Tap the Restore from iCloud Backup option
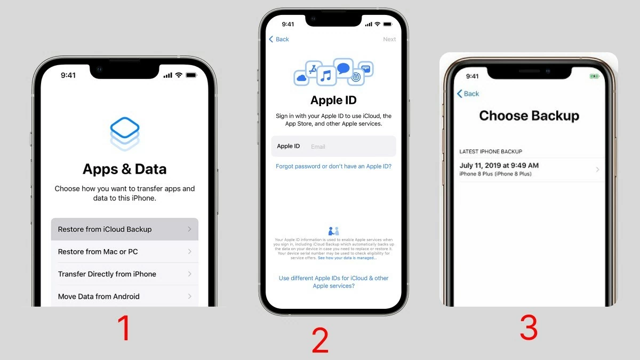(x=124, y=229)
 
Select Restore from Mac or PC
(x=124, y=252)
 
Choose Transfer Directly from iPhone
(x=124, y=274)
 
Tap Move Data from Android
(x=124, y=297)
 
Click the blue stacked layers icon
(x=125, y=133)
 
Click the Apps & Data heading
(x=124, y=169)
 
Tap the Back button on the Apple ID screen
(x=279, y=39)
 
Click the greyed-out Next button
(x=389, y=39)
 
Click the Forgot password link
(x=333, y=166)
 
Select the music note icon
(x=326, y=76)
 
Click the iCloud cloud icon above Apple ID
(x=301, y=78)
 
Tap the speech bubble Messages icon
(x=343, y=68)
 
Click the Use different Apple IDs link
(x=333, y=282)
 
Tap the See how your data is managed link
(x=347, y=258)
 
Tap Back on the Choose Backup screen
(x=468, y=94)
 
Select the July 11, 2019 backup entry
(x=528, y=170)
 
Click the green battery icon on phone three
(x=594, y=77)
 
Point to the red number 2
(x=320, y=341)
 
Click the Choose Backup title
(x=529, y=116)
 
